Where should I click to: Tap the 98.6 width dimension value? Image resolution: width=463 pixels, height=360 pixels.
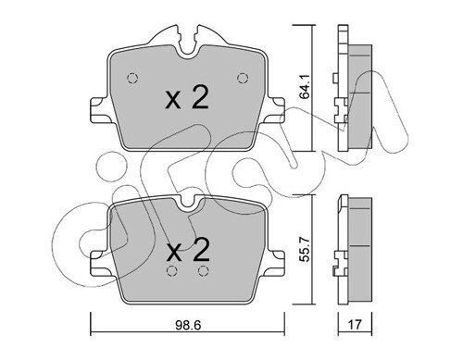pos(188,325)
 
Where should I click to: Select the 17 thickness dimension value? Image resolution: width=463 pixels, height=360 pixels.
pos(355,325)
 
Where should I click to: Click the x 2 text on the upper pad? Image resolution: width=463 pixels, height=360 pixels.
pos(187,98)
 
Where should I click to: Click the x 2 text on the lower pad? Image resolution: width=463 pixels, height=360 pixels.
pos(188,250)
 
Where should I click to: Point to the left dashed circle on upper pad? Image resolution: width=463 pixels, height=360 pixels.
pos(132,78)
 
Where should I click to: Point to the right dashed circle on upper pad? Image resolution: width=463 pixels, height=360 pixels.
pos(243,78)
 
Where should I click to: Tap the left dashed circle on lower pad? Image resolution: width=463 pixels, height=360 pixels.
pos(171,271)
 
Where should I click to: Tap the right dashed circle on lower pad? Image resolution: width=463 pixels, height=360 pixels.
pos(203,271)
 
